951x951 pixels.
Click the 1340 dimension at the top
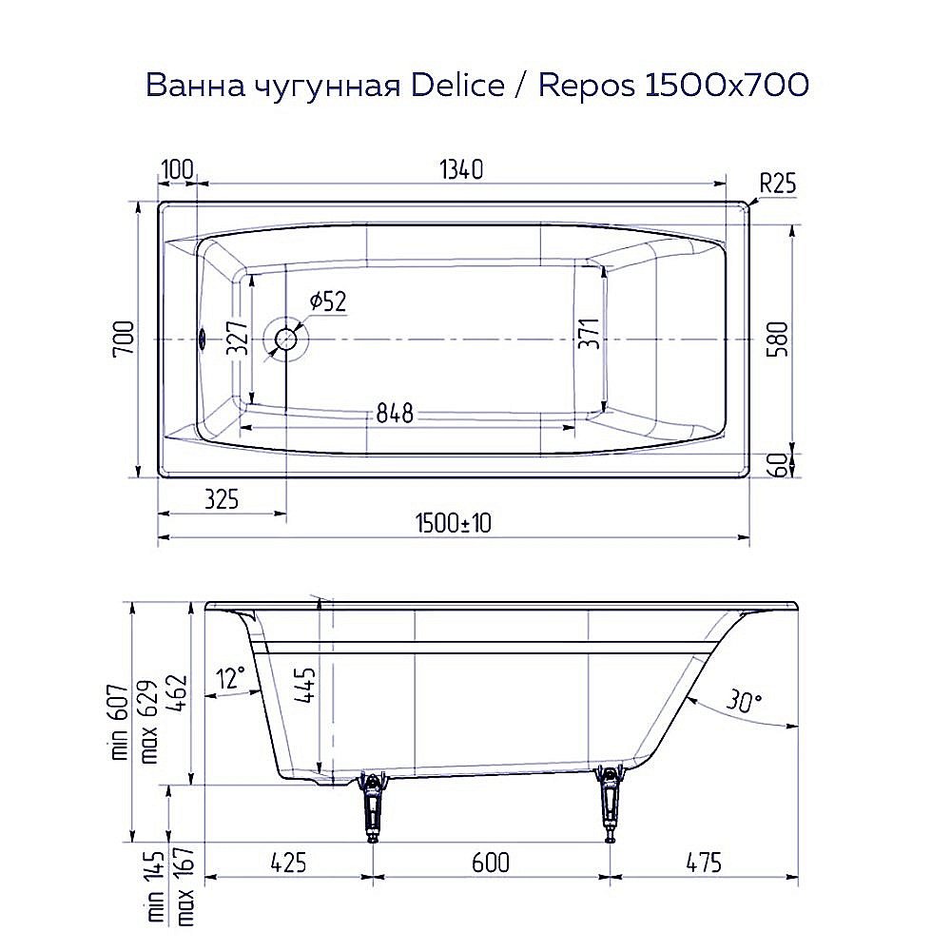(461, 169)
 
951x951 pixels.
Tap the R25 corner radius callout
(777, 184)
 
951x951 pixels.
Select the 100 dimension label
(177, 169)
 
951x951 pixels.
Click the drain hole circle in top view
(286, 340)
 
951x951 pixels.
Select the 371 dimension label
(589, 336)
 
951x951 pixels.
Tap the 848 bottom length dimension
(394, 414)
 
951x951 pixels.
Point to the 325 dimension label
(220, 497)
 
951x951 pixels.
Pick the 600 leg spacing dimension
(490, 863)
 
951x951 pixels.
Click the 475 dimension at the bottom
(702, 863)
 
